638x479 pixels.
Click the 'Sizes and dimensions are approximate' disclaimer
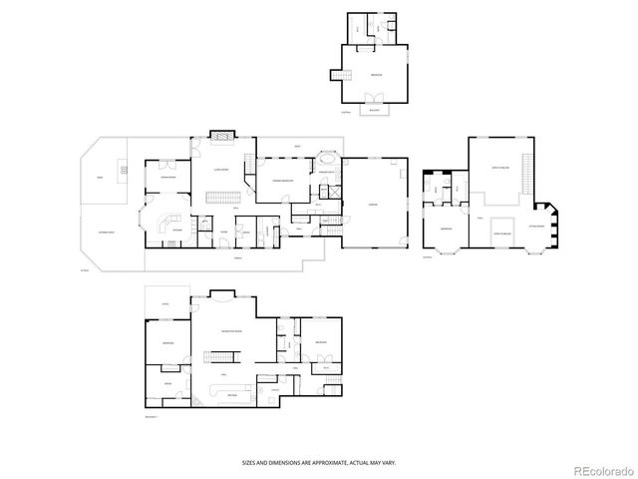coord(319,461)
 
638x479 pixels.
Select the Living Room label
coord(222,171)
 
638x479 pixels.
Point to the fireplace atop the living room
coord(223,137)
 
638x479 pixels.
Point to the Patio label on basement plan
coord(165,303)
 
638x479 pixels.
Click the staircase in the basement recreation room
coord(221,356)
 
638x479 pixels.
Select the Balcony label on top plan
coord(376,112)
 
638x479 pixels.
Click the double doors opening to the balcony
coord(376,98)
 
